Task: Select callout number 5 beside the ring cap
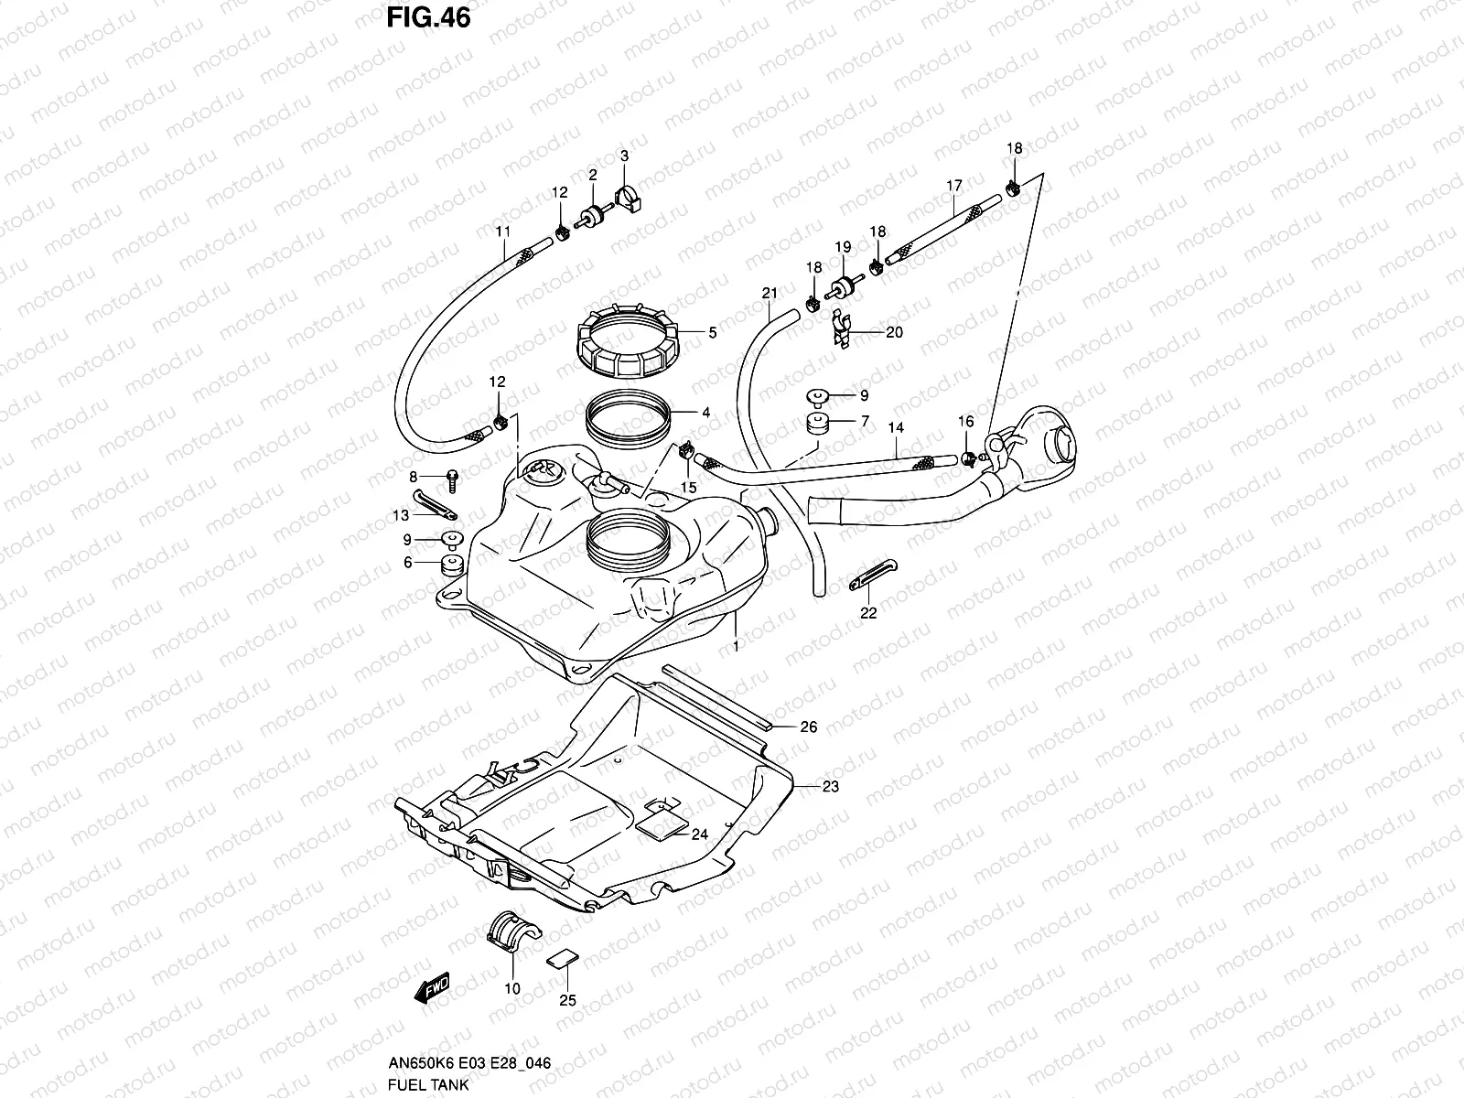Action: (x=712, y=333)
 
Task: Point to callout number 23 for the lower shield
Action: (x=830, y=786)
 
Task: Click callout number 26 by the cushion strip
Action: (x=808, y=727)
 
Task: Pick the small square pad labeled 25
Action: (x=562, y=958)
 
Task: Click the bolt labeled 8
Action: (x=452, y=477)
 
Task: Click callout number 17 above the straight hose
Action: (x=953, y=186)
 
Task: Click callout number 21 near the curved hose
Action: (x=769, y=293)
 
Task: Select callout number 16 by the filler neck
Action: (x=965, y=421)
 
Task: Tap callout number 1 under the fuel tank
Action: (x=736, y=646)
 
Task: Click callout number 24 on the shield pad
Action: (x=700, y=834)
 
